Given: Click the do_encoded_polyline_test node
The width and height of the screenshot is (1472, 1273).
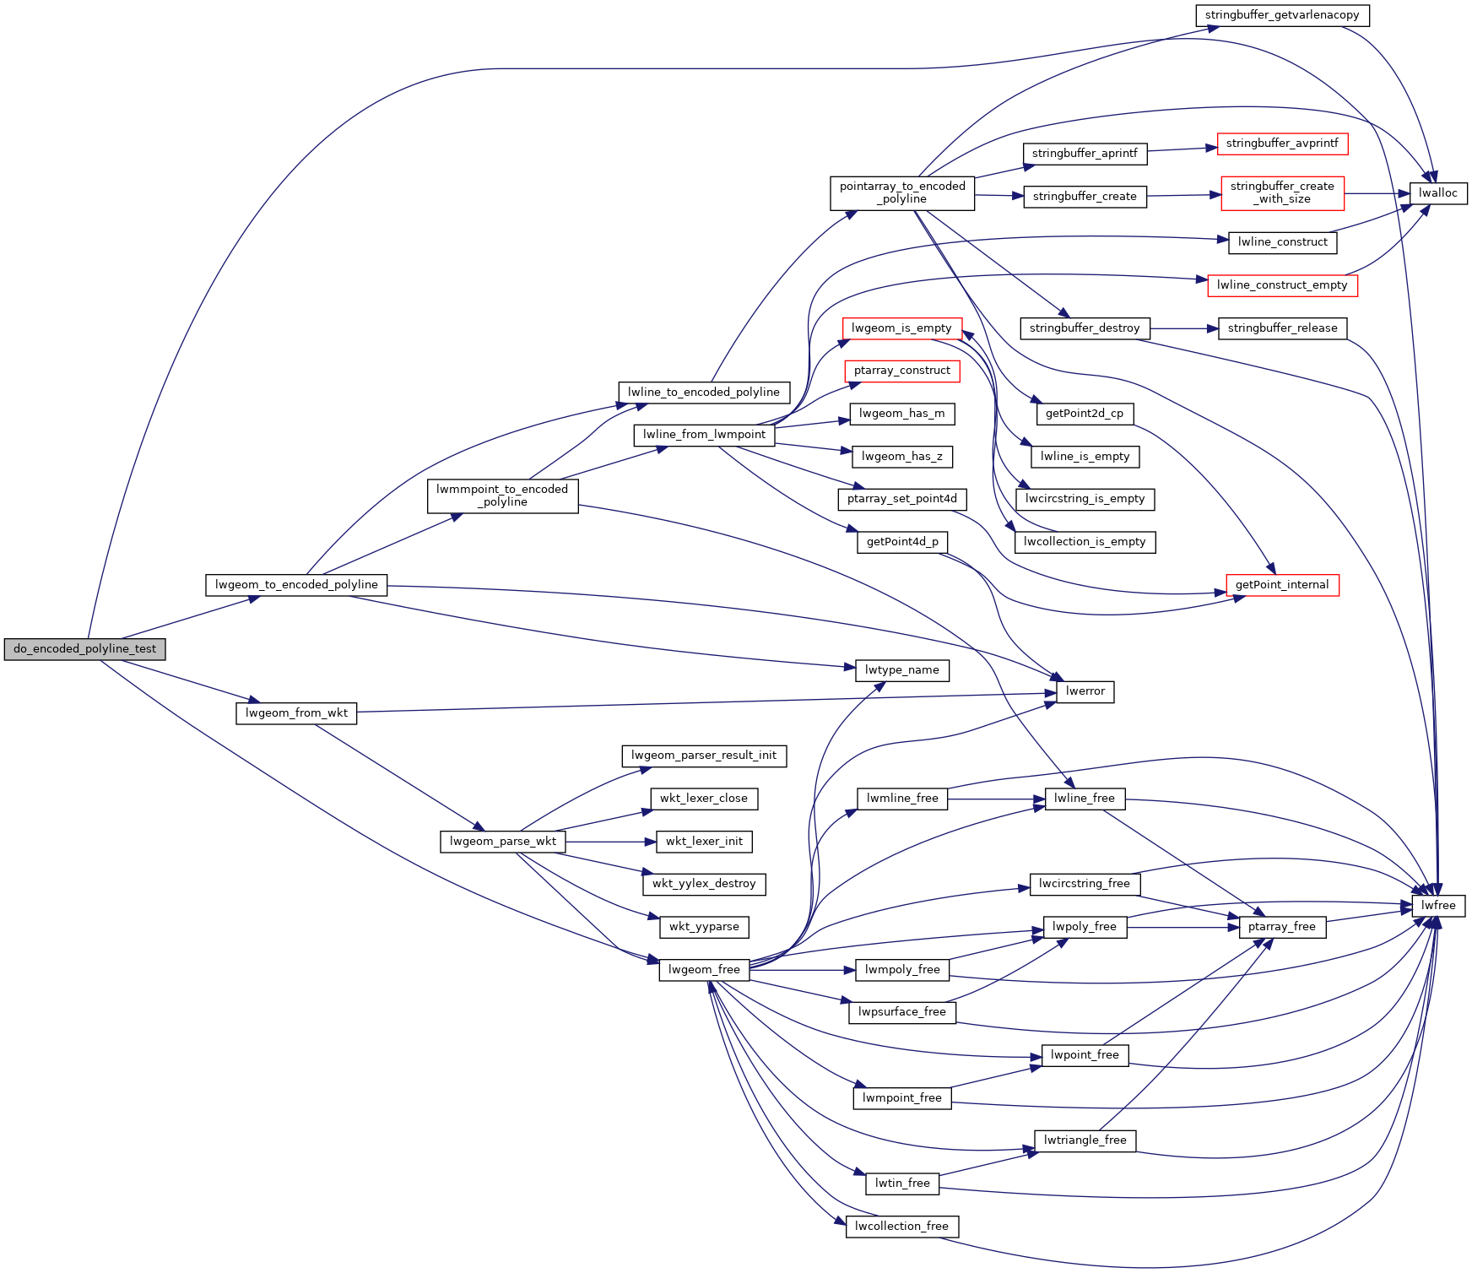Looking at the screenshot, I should pyautogui.click(x=84, y=649).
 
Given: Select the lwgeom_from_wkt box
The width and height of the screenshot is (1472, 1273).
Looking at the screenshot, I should pyautogui.click(x=296, y=713).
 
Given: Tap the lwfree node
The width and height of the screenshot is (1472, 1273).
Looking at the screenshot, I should pyautogui.click(x=1438, y=906).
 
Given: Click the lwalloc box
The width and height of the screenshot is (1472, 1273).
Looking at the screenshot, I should pyautogui.click(x=1438, y=193).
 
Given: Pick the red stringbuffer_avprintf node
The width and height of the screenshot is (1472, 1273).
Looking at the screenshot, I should pyautogui.click(x=1282, y=144).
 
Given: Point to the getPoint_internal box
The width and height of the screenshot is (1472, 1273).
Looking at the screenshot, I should pyautogui.click(x=1281, y=585).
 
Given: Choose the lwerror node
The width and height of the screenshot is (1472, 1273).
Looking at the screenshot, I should pyautogui.click(x=1085, y=691).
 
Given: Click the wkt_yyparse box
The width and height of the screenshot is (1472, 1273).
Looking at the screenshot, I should pyautogui.click(x=704, y=927).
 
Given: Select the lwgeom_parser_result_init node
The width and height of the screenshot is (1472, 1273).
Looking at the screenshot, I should pyautogui.click(x=704, y=756).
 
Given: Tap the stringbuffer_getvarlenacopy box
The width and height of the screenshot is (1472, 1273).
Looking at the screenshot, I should pyautogui.click(x=1282, y=15).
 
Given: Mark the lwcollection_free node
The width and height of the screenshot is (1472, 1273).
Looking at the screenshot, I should pyautogui.click(x=901, y=1227).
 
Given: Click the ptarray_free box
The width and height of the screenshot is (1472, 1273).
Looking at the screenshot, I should pyautogui.click(x=1282, y=927).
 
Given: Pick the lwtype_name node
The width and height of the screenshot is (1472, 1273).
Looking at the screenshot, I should pyautogui.click(x=901, y=670).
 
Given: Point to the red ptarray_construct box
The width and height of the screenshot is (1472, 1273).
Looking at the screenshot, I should pyautogui.click(x=901, y=371).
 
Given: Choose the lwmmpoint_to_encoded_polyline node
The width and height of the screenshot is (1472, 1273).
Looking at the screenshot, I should pyautogui.click(x=502, y=496).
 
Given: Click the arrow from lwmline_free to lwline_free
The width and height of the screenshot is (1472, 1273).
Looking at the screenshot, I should pyautogui.click(x=996, y=799).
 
